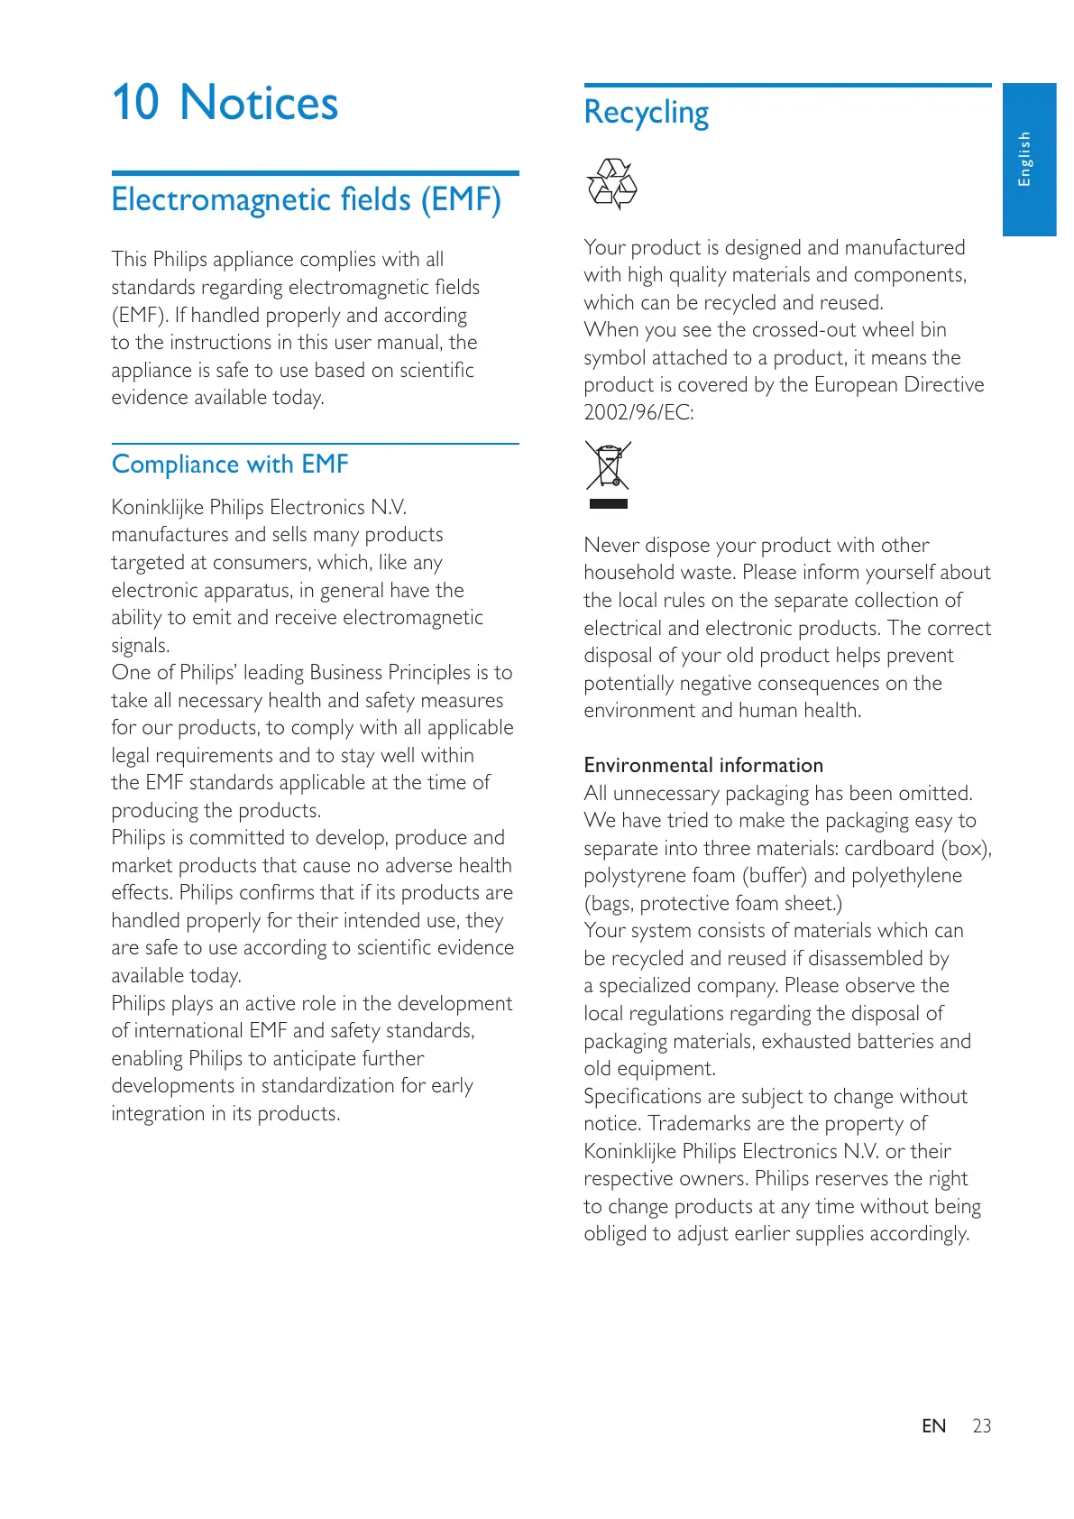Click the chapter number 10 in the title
[135, 102]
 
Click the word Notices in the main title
[259, 103]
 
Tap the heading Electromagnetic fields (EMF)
[306, 199]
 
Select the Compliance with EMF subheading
[230, 465]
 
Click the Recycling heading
[646, 113]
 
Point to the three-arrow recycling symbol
[611, 183]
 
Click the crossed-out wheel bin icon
[608, 465]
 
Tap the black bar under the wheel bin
[608, 503]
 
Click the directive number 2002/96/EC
[638, 413]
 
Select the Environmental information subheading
[703, 765]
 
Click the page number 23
[981, 1426]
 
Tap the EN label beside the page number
[933, 1426]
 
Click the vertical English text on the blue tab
[1024, 159]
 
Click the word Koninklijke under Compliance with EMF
[158, 507]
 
